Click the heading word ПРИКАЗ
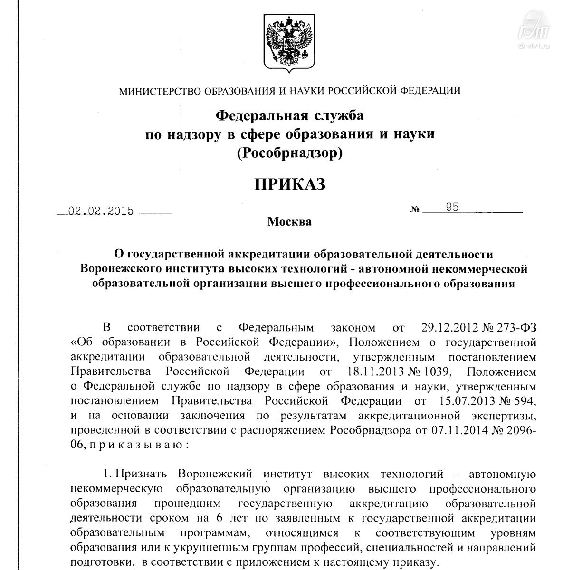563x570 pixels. tap(290, 184)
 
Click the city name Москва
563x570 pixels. tap(290, 222)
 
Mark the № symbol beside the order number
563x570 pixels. tap(415, 209)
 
